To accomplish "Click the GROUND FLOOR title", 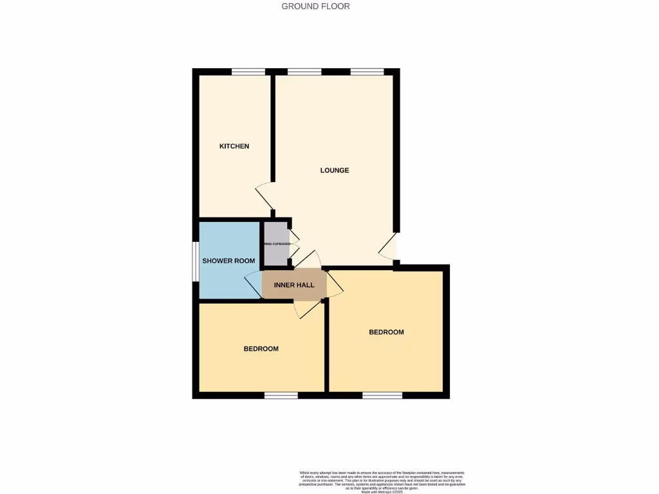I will tap(315, 6).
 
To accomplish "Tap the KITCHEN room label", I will tap(234, 147).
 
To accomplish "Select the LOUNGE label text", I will tap(335, 170).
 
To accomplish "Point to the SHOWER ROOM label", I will tap(228, 261).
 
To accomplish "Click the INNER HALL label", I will tap(294, 285).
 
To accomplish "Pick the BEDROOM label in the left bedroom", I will tap(261, 349).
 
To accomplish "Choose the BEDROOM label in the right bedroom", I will tap(386, 333).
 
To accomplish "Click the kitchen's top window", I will tap(248, 72).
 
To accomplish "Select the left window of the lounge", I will tap(304, 72).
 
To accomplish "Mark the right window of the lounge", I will tap(367, 72).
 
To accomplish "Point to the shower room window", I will tap(196, 261).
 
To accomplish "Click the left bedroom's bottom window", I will tap(281, 395).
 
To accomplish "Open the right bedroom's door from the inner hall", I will tap(334, 284).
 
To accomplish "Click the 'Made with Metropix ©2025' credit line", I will tap(382, 491).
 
